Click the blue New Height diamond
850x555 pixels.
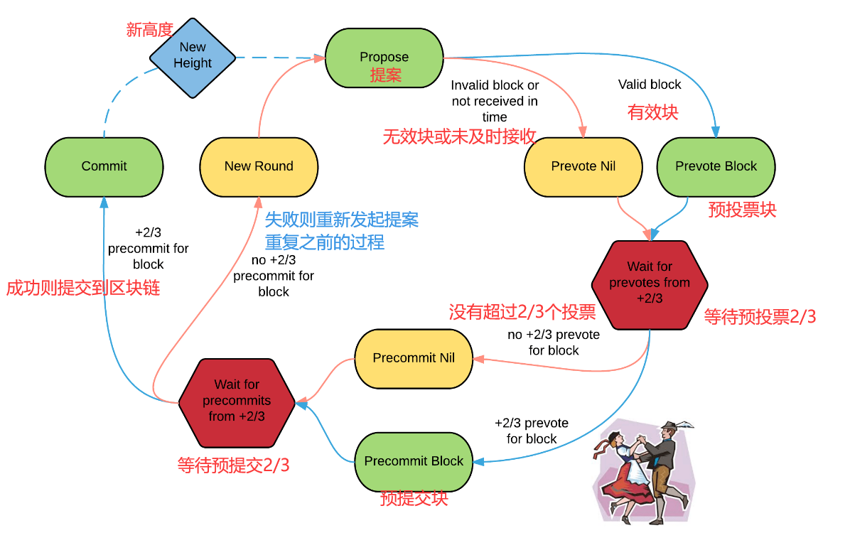pos(193,56)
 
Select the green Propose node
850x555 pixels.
pos(384,58)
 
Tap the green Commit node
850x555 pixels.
pos(104,166)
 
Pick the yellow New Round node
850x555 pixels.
pos(259,166)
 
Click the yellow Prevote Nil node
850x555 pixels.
pos(583,166)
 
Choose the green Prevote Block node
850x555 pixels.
pos(716,166)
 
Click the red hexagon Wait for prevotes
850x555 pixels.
pos(650,283)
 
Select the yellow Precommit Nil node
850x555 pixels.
pos(414,358)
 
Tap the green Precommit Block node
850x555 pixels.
pos(414,461)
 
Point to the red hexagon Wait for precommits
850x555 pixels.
pos(237,401)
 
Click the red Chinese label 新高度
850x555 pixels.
pos(150,30)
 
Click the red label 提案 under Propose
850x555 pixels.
pos(385,75)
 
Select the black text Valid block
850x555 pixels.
pos(650,85)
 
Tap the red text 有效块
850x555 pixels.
pos(652,112)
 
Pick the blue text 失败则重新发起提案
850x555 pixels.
pos(342,220)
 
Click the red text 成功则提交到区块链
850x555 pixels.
pos(83,288)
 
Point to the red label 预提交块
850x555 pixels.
pos(414,498)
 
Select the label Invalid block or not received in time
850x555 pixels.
pos(495,101)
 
